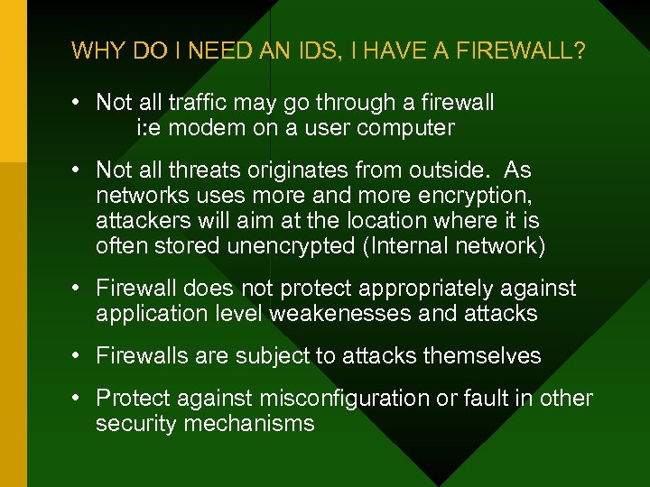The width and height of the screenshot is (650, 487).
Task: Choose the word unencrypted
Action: click(x=288, y=246)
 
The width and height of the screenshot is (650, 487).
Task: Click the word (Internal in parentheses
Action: click(x=408, y=246)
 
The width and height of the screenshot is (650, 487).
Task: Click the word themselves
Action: click(x=484, y=356)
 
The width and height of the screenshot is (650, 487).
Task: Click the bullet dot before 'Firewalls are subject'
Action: click(x=80, y=356)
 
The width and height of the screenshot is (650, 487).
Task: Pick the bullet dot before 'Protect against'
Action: click(x=80, y=399)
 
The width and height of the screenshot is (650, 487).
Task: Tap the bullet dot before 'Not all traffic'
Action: click(x=80, y=103)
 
